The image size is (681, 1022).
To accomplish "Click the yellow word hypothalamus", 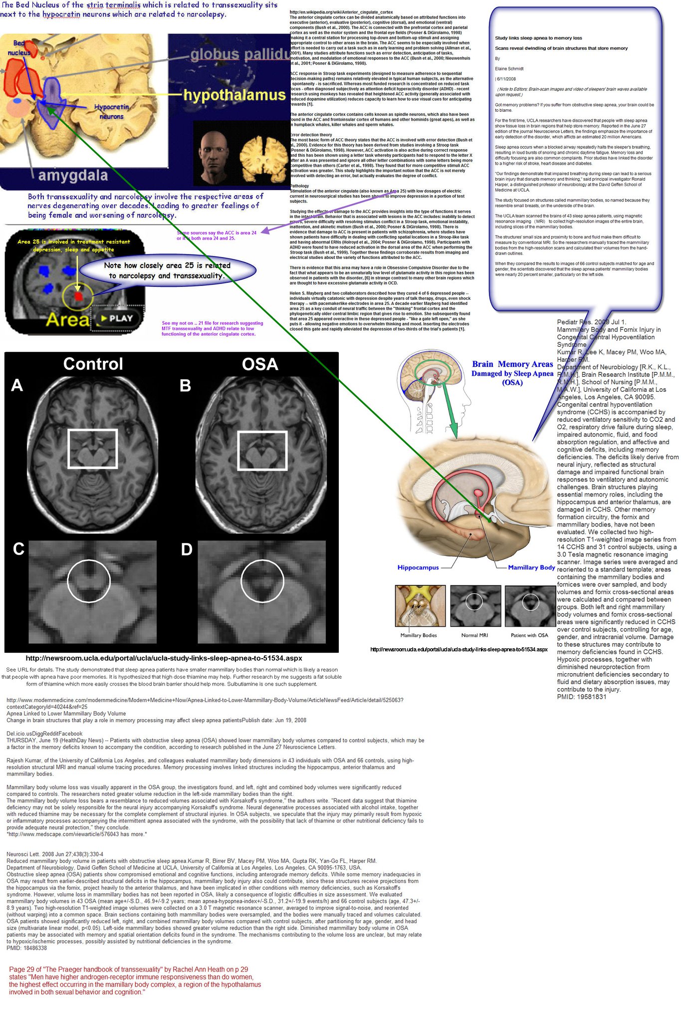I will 234,95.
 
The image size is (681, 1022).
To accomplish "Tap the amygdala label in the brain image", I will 73,176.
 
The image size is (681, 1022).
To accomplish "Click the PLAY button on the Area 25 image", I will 115,318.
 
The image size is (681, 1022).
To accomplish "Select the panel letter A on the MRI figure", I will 17,385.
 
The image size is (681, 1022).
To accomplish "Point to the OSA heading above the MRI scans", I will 259,364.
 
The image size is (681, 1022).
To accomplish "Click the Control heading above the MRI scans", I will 93,364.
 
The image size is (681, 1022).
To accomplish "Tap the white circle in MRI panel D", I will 262,580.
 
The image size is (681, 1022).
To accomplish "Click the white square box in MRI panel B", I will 262,451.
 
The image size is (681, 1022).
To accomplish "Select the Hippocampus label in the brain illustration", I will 418,567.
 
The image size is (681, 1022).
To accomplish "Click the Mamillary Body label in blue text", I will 531,567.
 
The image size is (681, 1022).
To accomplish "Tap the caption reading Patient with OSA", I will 529,635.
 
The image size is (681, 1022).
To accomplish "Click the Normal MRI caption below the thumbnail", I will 474,635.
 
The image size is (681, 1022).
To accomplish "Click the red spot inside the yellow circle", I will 78,296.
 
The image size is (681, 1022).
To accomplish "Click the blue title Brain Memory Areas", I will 512,364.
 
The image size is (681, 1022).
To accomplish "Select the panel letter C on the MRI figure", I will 18,549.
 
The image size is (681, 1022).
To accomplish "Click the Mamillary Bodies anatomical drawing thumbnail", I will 420,606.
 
